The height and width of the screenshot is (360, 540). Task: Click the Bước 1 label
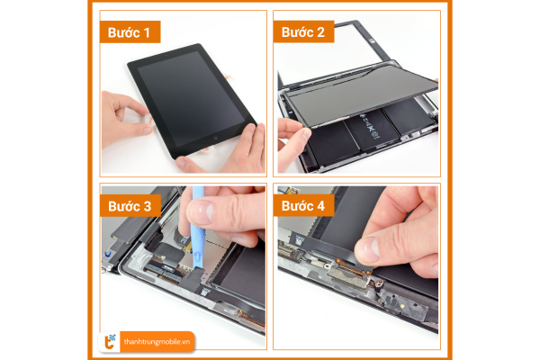(130, 32)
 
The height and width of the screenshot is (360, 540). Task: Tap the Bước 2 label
(303, 32)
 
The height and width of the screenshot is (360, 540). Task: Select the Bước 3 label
(130, 206)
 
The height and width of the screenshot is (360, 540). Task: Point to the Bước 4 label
(303, 206)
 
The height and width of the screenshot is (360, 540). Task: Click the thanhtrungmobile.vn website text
(157, 342)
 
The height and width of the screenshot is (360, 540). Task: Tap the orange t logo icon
(110, 342)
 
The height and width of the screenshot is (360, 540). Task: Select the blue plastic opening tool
(198, 228)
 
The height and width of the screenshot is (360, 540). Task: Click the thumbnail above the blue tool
(202, 211)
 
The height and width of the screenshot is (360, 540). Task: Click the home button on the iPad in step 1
(216, 138)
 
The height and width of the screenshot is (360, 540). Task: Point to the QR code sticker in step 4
(299, 240)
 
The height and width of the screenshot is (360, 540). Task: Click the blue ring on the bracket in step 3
(108, 255)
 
